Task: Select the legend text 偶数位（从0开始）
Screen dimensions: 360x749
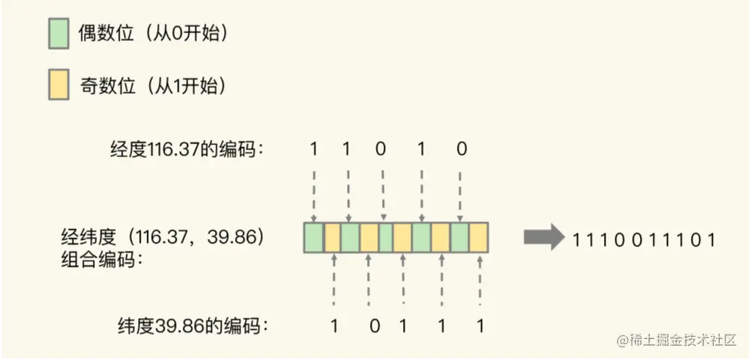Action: click(154, 34)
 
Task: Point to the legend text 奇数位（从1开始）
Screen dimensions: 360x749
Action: click(153, 87)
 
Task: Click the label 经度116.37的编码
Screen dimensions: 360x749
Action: click(187, 148)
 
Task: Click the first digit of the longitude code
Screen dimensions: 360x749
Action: click(313, 148)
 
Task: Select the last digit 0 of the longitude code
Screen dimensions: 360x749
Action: click(462, 148)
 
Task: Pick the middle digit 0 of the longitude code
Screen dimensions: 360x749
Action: click(381, 148)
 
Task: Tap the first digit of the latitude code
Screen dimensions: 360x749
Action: click(334, 326)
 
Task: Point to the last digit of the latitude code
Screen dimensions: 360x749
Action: click(480, 326)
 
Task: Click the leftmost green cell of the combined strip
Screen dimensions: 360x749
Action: click(313, 237)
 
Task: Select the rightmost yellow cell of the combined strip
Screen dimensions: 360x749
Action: click(479, 237)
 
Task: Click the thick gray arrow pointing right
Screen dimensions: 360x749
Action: click(543, 238)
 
